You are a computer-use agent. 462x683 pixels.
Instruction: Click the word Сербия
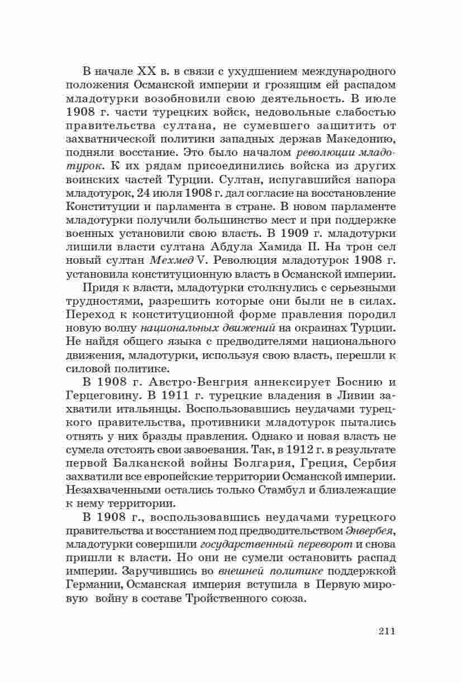[x=370, y=463]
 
